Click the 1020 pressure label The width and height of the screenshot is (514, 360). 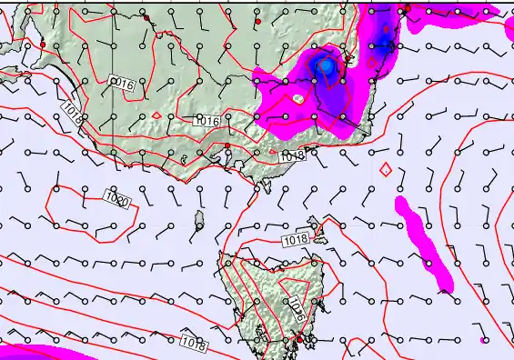116,197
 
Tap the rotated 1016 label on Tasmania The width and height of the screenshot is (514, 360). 296,310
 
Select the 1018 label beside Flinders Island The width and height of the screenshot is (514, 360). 296,238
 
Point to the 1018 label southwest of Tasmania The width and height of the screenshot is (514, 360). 192,343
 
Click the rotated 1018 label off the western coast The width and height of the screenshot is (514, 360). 72,112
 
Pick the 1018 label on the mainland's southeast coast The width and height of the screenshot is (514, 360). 292,156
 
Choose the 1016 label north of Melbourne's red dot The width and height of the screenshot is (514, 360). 207,121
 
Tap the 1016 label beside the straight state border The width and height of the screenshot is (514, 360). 122,84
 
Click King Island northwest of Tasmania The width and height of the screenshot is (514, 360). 199,218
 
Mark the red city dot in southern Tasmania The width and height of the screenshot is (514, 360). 298,339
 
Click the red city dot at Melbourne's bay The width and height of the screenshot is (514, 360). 227,145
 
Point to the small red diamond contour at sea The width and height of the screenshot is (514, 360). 386,169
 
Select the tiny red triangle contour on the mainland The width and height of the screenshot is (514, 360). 156,115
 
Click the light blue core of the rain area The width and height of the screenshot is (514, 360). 325,66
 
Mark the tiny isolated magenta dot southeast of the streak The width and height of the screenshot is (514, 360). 482,340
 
